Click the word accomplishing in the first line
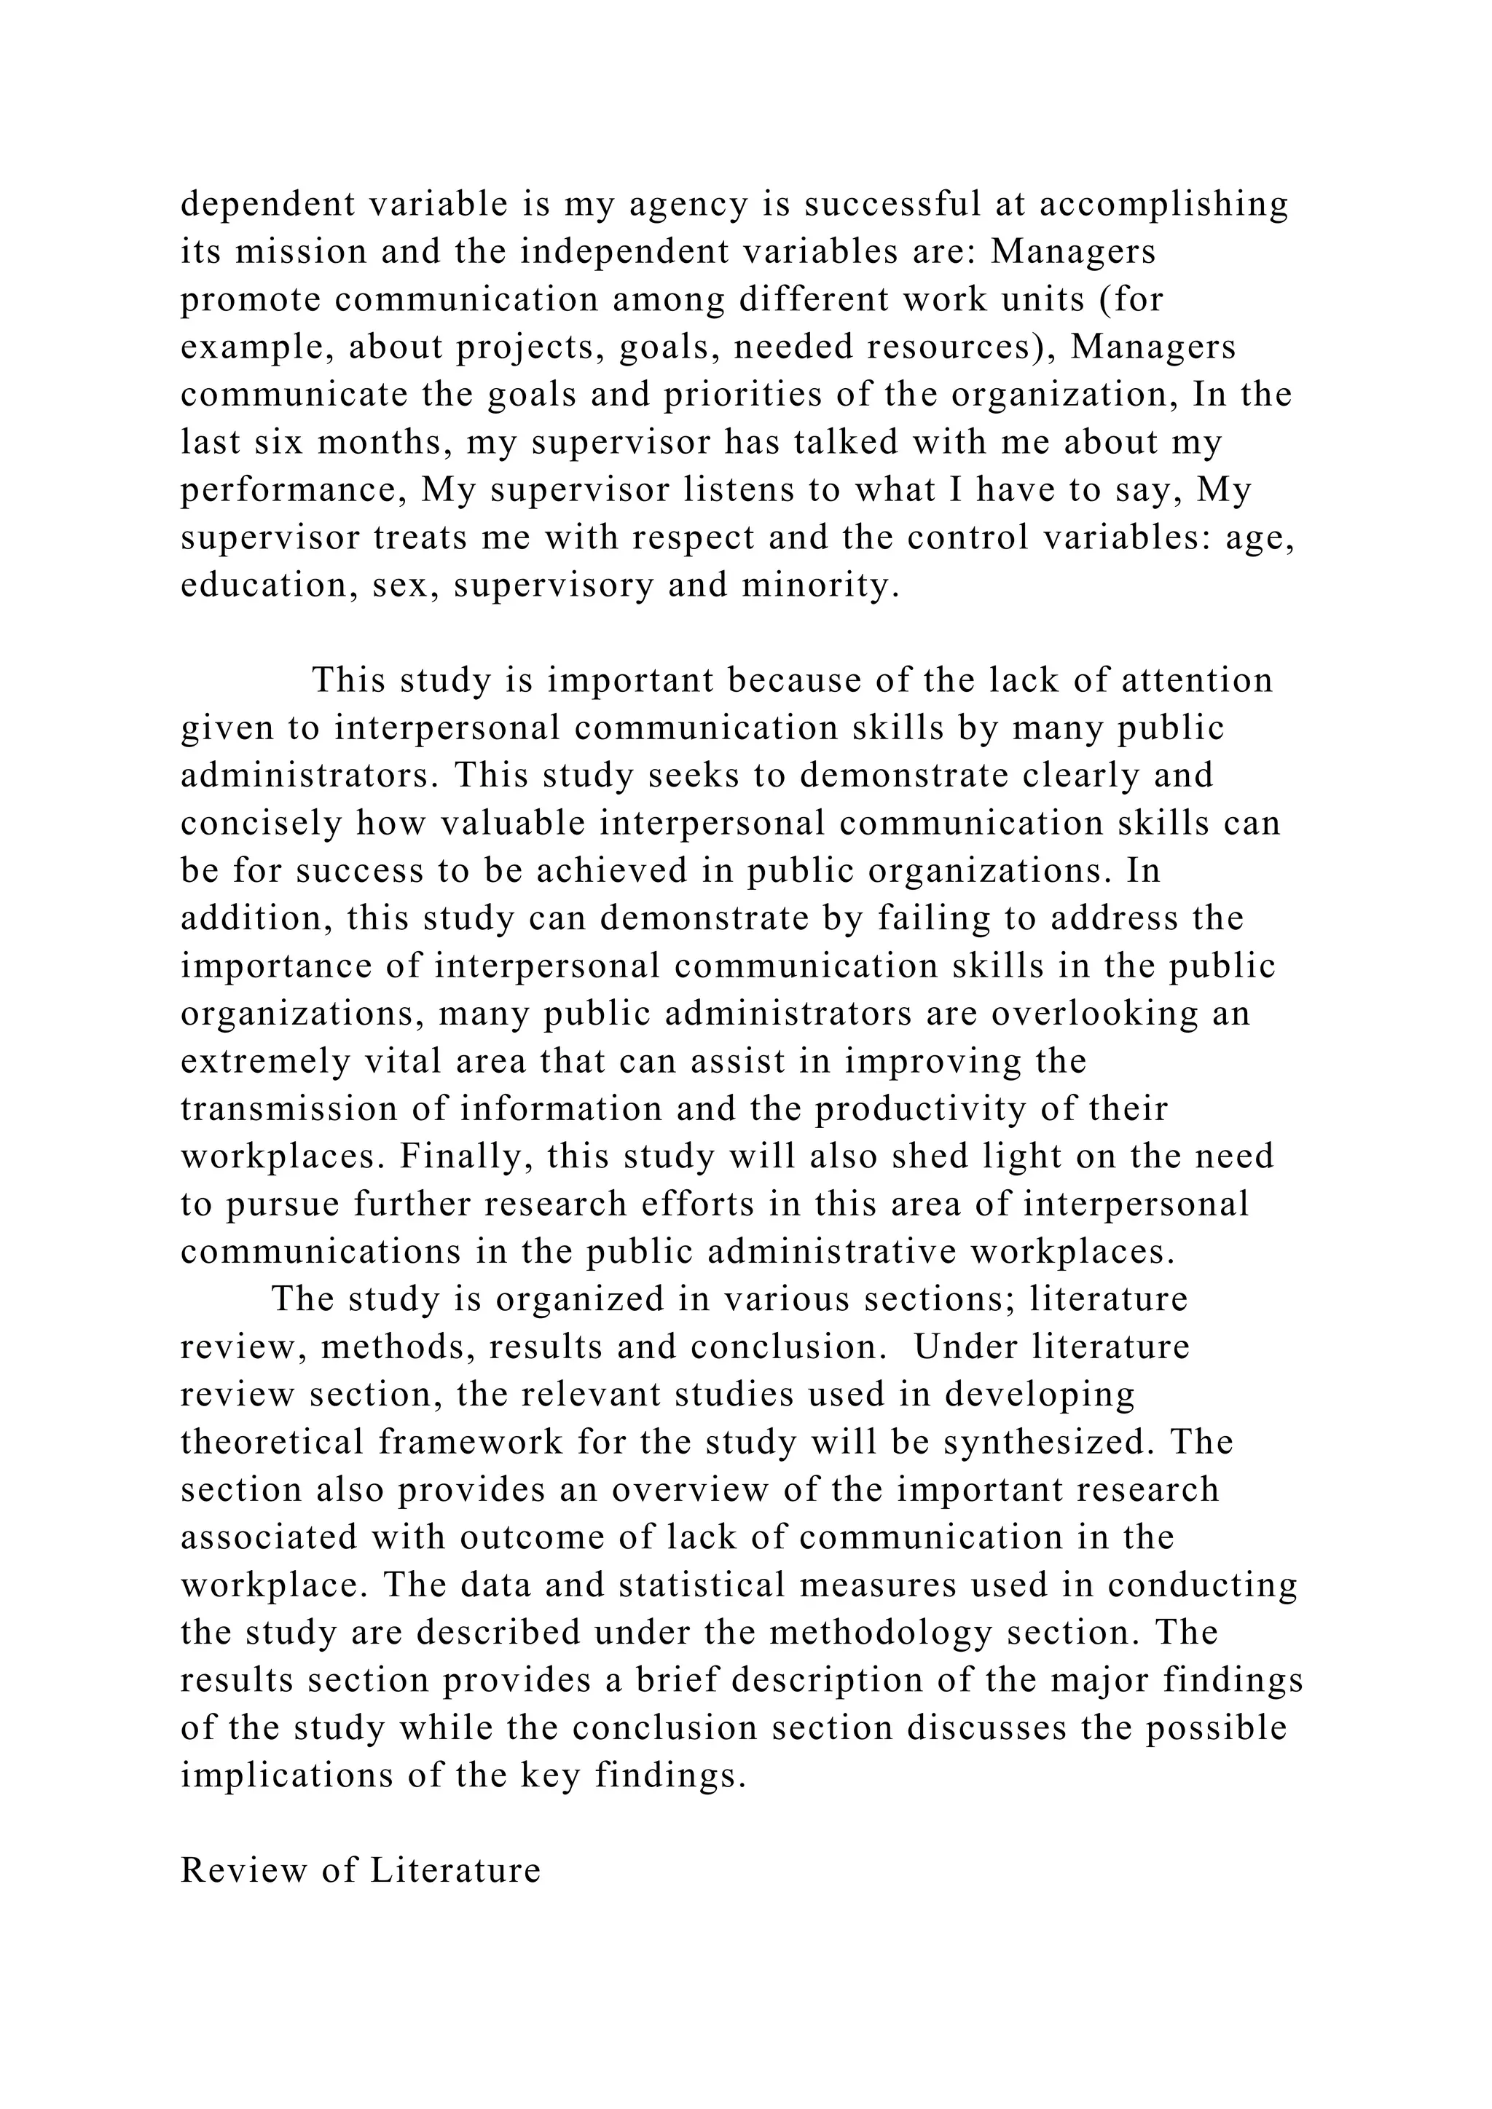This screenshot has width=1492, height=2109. (x=1164, y=204)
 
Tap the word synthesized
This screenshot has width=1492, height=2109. (x=1048, y=1443)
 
